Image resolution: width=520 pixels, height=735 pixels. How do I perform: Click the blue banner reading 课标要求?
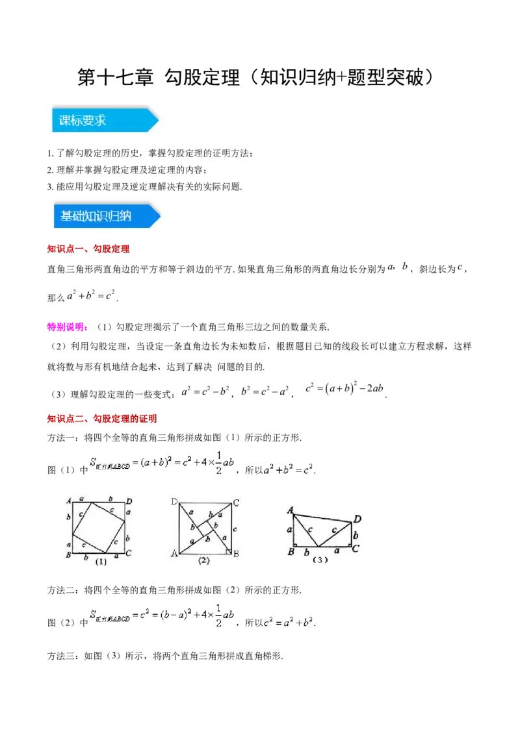(x=104, y=120)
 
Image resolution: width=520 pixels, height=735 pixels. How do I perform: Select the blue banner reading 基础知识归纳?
(x=106, y=216)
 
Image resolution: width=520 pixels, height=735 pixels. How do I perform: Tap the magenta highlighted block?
(x=67, y=327)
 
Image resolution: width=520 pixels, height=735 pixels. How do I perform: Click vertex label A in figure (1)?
(x=68, y=501)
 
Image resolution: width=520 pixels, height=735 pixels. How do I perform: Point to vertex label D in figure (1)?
(x=129, y=501)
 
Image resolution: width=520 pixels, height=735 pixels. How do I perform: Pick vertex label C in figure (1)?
(x=129, y=553)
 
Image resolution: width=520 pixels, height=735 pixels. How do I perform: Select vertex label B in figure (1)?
(x=68, y=554)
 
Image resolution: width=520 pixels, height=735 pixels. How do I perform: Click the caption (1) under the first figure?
(x=100, y=562)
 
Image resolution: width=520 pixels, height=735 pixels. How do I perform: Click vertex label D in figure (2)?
(x=174, y=502)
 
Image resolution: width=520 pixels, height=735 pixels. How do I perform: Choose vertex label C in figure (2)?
(x=236, y=503)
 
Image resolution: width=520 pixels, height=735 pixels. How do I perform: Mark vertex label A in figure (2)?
(x=174, y=553)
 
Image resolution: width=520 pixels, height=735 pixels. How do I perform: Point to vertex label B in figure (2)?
(x=236, y=554)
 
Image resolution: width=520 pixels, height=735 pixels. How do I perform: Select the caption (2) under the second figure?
(x=204, y=561)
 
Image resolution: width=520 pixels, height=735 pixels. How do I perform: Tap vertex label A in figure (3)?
(x=290, y=510)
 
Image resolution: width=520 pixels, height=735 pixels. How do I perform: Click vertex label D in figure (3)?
(x=357, y=519)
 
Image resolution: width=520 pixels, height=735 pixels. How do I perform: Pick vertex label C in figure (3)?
(x=356, y=549)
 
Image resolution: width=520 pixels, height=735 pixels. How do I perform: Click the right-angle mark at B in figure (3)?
(x=296, y=545)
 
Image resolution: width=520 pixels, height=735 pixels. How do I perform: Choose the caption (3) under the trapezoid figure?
(x=320, y=560)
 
